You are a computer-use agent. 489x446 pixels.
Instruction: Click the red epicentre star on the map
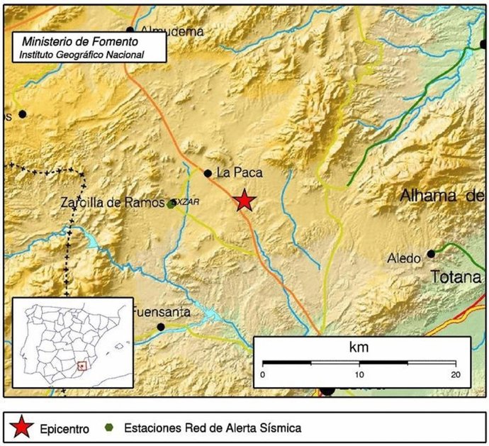(x=244, y=201)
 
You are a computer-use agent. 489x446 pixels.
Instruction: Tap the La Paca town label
(x=235, y=172)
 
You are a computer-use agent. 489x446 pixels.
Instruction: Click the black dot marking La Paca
(x=208, y=173)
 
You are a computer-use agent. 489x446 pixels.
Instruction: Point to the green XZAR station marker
(x=171, y=204)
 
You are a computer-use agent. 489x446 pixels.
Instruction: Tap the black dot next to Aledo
(x=430, y=255)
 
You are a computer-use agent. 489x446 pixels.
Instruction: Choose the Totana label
(x=457, y=277)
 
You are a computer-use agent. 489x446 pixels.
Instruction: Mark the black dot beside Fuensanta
(x=161, y=327)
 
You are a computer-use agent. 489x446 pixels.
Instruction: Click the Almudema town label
(x=172, y=31)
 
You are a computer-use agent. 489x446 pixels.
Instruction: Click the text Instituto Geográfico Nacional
(x=82, y=54)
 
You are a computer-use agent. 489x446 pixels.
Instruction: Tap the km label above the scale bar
(x=359, y=347)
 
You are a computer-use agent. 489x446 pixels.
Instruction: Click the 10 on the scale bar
(x=359, y=374)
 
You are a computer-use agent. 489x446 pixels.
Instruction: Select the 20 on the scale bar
(x=455, y=374)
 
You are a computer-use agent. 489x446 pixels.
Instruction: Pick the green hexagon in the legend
(x=110, y=428)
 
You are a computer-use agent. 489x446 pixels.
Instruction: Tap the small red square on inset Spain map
(x=82, y=366)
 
